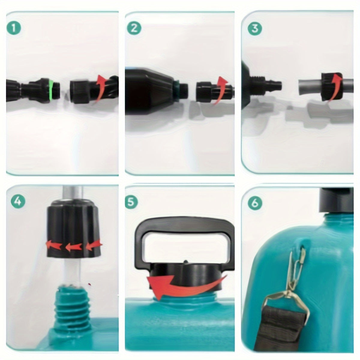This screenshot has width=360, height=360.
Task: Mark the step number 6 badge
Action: point(255,203)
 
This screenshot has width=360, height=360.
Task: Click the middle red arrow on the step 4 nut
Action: point(73,247)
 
